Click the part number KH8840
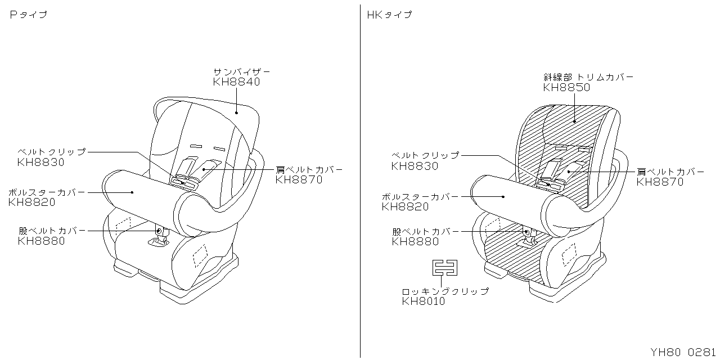pyautogui.click(x=236, y=82)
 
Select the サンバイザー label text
pyautogui.click(x=241, y=72)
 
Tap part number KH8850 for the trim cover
pyautogui.click(x=566, y=87)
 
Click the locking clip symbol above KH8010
pyautogui.click(x=444, y=268)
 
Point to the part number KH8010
pyautogui.click(x=423, y=301)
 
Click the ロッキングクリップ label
pyautogui.click(x=445, y=291)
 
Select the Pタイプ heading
pyautogui.click(x=28, y=15)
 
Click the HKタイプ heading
pyautogui.click(x=389, y=15)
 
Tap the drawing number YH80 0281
pyautogui.click(x=684, y=353)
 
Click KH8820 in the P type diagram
pyautogui.click(x=32, y=202)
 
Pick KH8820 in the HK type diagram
pyautogui.click(x=405, y=207)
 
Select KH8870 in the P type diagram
pyautogui.click(x=299, y=180)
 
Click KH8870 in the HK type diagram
pyautogui.click(x=660, y=182)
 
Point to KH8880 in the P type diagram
pyautogui.click(x=41, y=241)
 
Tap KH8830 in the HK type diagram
pyautogui.click(x=415, y=166)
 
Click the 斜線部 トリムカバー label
pyautogui.click(x=588, y=77)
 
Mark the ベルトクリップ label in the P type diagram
pyautogui.click(x=52, y=152)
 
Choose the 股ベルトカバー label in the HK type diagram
pyautogui.click(x=425, y=231)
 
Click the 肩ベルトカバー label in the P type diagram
pyautogui.click(x=309, y=170)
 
